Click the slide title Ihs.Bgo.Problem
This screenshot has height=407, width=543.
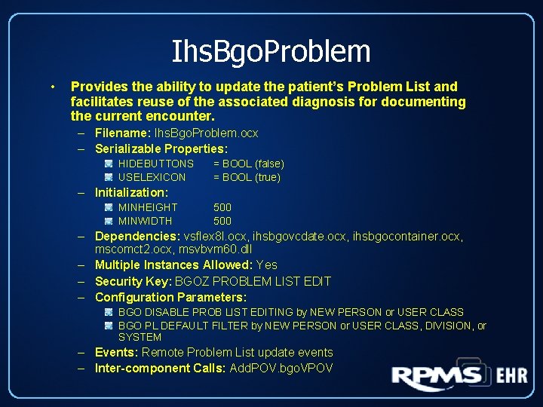click(x=271, y=51)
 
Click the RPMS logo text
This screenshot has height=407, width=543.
click(x=437, y=377)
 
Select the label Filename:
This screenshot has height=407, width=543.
click(x=123, y=133)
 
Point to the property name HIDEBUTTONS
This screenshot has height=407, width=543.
click(x=156, y=164)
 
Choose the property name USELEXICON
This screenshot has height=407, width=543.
click(x=152, y=177)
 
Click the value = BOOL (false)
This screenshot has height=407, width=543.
click(x=248, y=164)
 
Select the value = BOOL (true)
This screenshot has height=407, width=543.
click(x=247, y=177)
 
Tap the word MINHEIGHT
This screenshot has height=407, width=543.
click(x=148, y=207)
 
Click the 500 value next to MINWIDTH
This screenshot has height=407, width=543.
click(x=222, y=221)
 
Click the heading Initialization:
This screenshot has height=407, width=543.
click(x=131, y=193)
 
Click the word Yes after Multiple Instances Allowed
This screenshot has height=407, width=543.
click(x=267, y=265)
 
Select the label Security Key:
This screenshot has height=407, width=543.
click(x=133, y=281)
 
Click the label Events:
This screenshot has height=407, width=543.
click(x=116, y=352)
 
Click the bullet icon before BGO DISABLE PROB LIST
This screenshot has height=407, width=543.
click(x=109, y=312)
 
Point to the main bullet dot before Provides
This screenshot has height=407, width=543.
click(x=51, y=87)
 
